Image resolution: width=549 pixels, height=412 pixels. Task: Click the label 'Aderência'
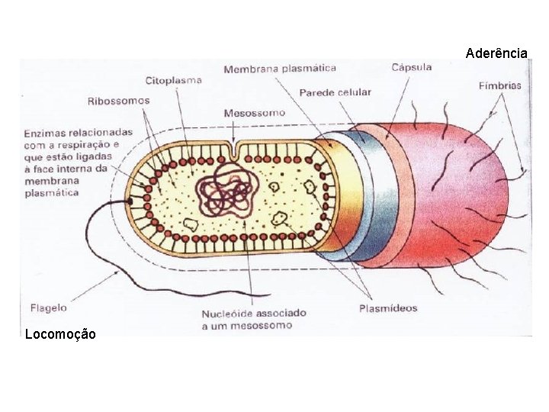pos(496,53)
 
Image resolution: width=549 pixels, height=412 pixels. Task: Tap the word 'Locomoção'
pos(60,333)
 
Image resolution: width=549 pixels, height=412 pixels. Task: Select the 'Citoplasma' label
pos(174,79)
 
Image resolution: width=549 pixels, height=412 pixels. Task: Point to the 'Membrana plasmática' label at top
pos(280,69)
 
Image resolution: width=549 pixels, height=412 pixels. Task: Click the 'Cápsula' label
pos(412,67)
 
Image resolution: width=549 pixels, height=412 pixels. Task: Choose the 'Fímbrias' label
pos(500,85)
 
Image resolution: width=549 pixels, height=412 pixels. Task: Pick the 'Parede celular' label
pos(335,92)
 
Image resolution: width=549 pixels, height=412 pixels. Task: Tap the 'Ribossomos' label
pos(118,100)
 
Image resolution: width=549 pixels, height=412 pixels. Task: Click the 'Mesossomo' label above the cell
pos(254,113)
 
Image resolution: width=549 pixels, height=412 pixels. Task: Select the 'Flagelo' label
pos(48,308)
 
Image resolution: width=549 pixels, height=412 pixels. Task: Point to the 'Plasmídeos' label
pos(388,308)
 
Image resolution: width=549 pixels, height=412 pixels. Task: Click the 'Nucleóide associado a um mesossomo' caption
pos(254,320)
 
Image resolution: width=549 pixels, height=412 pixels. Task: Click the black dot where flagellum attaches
pos(130,201)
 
